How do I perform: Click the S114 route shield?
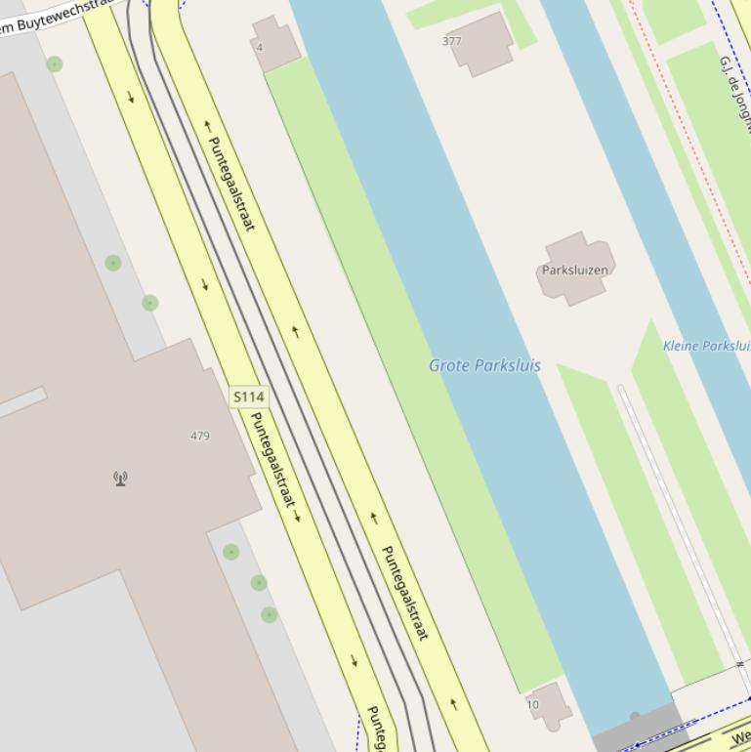pos(249,397)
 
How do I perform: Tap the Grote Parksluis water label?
pos(484,366)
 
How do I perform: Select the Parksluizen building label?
pos(575,270)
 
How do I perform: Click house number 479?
pos(199,436)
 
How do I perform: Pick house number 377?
pos(451,41)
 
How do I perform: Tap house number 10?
pos(532,704)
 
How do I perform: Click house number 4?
pos(260,47)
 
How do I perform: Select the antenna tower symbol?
pos(120,479)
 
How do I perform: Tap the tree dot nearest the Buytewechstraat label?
pos(55,64)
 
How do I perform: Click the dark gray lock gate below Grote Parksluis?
pos(635,728)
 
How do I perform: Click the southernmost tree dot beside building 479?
pos(269,614)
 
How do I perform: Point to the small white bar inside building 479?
pos(21,402)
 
